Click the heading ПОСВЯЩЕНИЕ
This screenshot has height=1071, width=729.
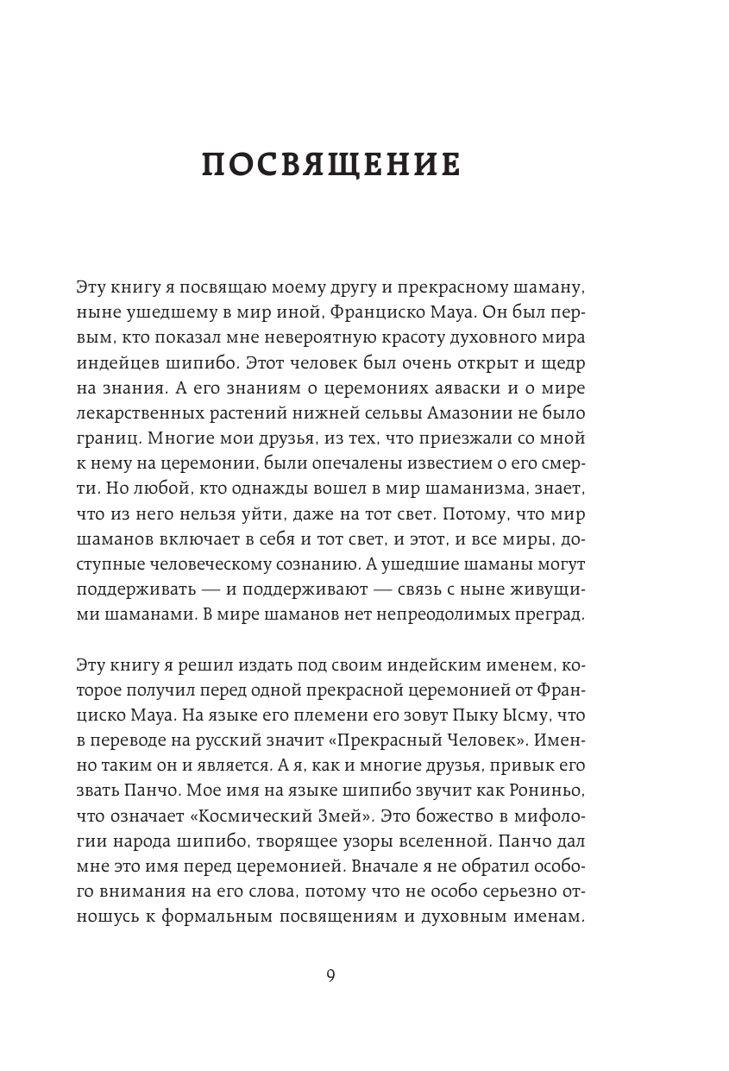pyautogui.click(x=331, y=163)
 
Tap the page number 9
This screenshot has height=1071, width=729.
pyautogui.click(x=331, y=975)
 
